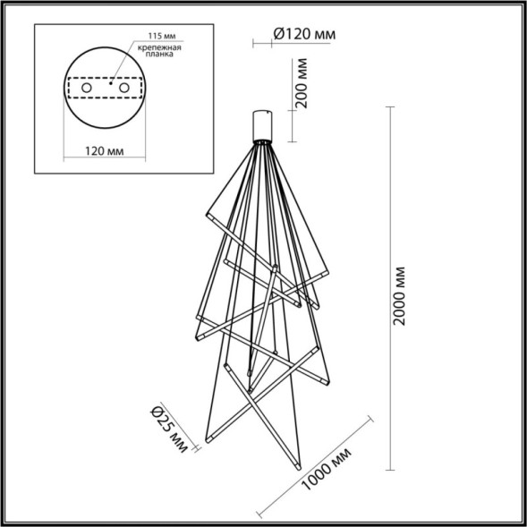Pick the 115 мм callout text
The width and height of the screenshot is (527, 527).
click(156, 37)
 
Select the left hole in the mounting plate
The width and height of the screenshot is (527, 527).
click(88, 90)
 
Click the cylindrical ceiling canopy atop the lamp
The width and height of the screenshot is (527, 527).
click(263, 124)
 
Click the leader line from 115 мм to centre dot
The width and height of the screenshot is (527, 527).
click(123, 63)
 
